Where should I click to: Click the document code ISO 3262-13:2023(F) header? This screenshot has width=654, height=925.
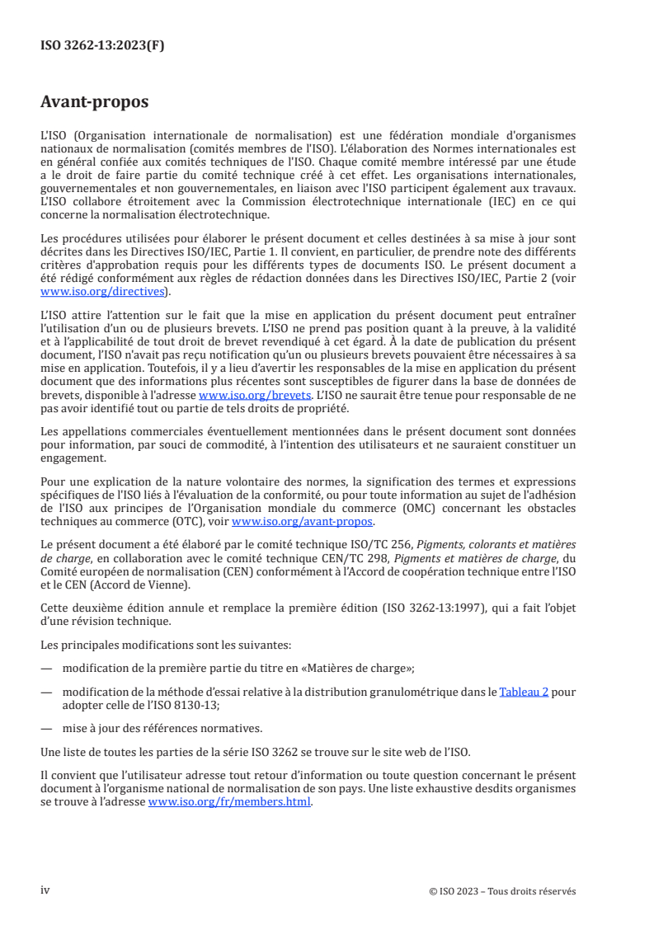[x=102, y=46]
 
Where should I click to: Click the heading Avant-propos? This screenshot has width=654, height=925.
[x=95, y=103]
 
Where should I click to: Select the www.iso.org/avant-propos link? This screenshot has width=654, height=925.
[x=303, y=522]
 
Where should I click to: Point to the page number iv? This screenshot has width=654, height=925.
[x=46, y=890]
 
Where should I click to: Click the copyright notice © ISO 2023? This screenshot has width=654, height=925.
[x=502, y=891]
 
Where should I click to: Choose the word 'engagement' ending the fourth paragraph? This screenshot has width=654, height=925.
[x=73, y=459]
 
